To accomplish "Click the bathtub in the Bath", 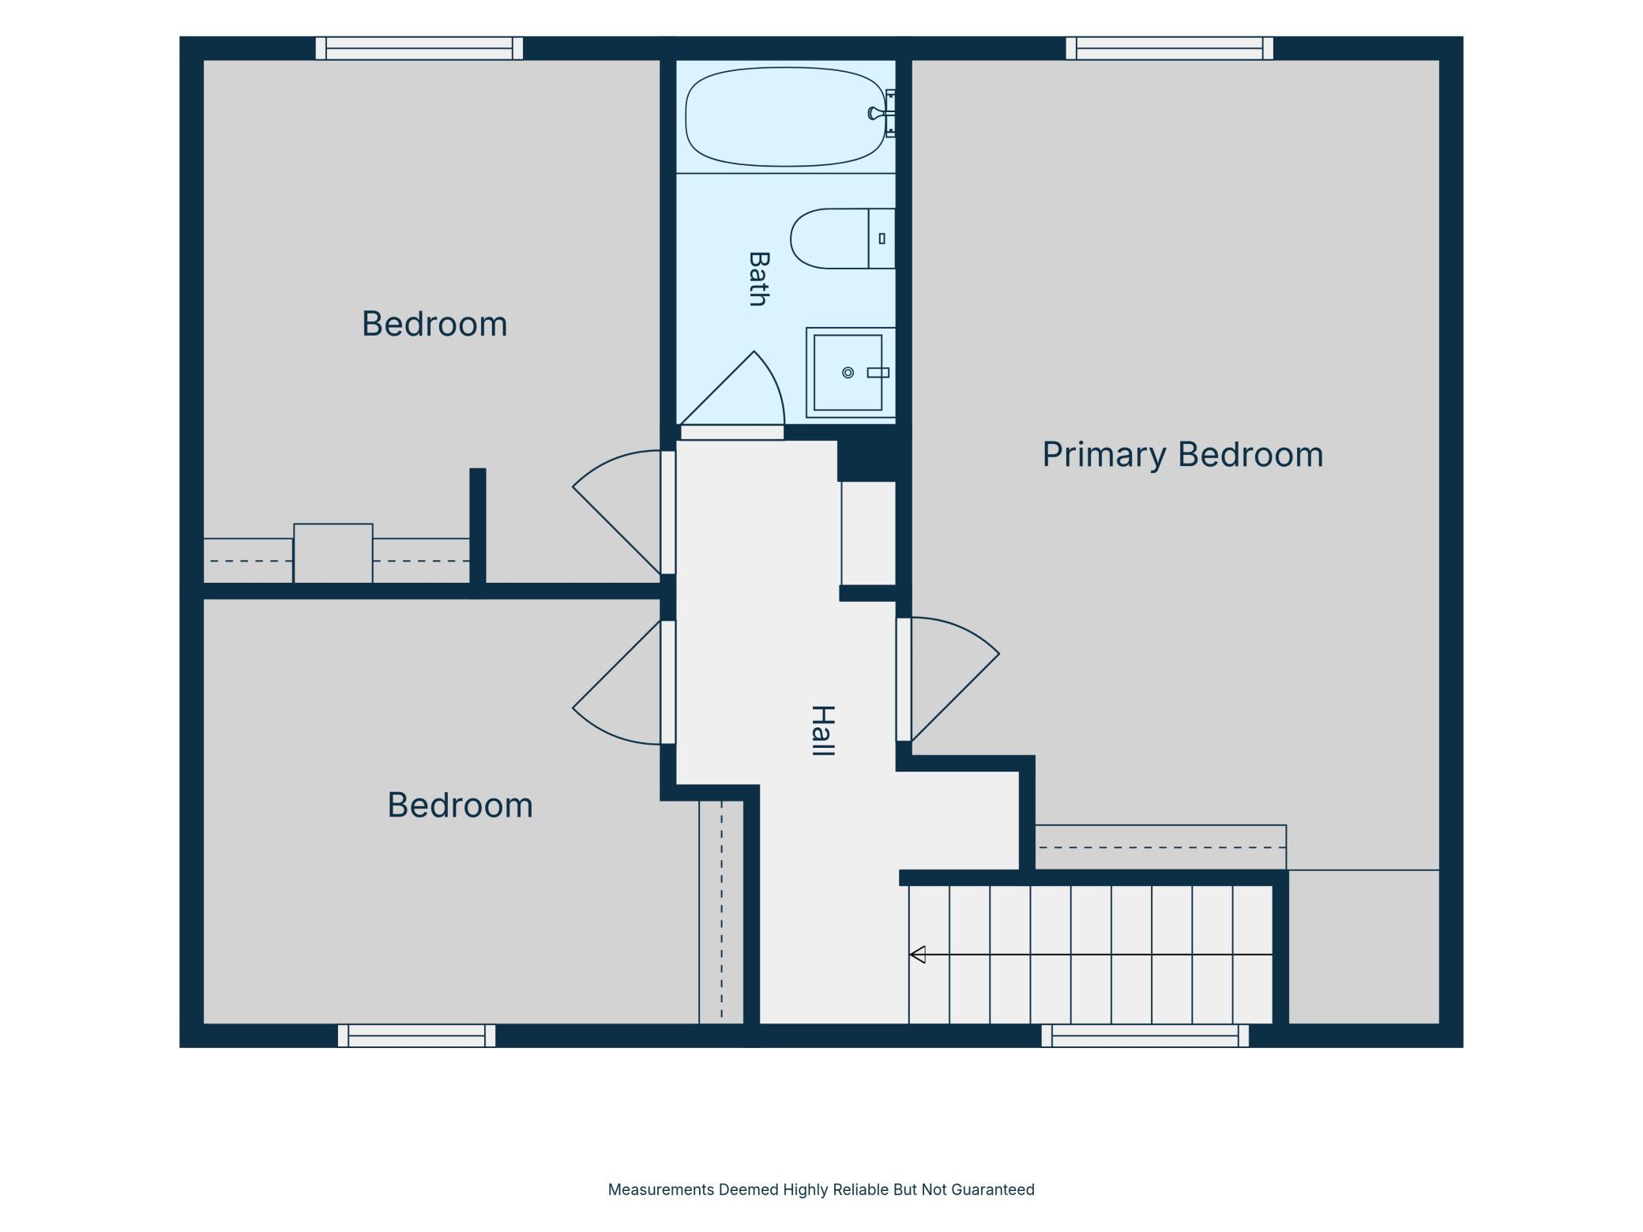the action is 785,117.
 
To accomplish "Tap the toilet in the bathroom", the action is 842,239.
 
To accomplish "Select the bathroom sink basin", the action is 848,373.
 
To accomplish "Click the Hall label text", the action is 823,731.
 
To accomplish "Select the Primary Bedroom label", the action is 1182,455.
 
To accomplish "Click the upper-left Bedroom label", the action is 434,324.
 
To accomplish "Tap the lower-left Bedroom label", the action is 460,805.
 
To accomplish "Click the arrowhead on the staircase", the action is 917,955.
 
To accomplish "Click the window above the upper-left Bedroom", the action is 419,48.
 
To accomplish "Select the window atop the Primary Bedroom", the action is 1170,48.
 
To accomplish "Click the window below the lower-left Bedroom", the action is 416,1036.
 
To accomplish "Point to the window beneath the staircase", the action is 1145,1036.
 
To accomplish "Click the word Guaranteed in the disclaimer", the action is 993,1190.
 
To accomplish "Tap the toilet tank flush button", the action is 882,239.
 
